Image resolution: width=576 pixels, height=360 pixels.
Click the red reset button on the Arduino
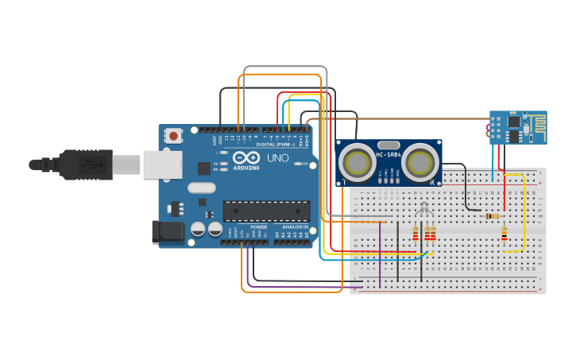coord(173,136)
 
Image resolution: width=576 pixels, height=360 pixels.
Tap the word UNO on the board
coord(278,158)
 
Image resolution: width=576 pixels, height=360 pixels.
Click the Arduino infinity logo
coord(245,157)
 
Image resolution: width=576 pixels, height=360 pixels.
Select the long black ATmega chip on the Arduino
coord(266,211)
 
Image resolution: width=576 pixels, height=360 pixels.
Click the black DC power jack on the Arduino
coord(165,231)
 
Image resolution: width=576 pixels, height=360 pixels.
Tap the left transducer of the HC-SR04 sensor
coord(357,164)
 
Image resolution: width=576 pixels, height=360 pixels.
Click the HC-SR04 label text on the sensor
coord(388,154)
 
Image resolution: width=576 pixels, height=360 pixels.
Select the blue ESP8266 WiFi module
coord(517,127)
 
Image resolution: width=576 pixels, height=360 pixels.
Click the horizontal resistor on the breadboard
coord(493,215)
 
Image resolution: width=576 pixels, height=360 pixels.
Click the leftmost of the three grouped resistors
coord(415,233)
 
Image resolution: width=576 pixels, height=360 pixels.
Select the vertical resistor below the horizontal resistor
coord(504,233)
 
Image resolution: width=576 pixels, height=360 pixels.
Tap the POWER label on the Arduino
coord(259,227)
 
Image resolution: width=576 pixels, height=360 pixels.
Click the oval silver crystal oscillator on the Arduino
coord(202,188)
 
